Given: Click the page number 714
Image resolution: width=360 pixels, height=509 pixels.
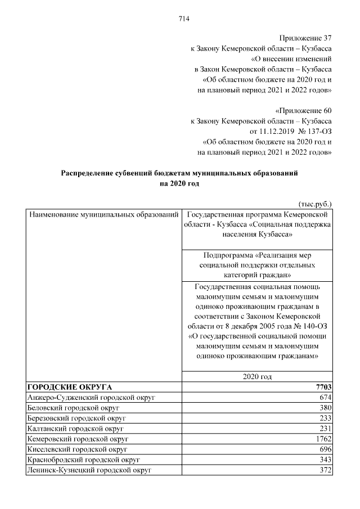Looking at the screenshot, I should point(183,19).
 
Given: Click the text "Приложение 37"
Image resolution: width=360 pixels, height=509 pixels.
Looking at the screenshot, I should point(305,38).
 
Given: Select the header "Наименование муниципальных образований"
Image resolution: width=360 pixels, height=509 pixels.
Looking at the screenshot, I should point(103,215).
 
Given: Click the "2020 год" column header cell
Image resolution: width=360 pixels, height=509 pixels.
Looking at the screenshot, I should point(257,377).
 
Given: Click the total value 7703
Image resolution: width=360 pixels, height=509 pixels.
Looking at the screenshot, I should point(323,387).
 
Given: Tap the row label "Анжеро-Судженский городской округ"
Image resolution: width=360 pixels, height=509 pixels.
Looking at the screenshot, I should point(91,398).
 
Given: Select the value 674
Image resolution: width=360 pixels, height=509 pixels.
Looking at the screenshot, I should point(325,398).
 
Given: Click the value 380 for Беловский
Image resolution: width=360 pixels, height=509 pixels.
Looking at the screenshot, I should point(325,408).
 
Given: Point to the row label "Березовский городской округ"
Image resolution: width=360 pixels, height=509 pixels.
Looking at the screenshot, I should point(76,418).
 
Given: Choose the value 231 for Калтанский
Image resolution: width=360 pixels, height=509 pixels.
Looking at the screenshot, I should point(325,428).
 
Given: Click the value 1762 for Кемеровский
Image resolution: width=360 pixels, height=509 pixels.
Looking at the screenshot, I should point(323,439).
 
